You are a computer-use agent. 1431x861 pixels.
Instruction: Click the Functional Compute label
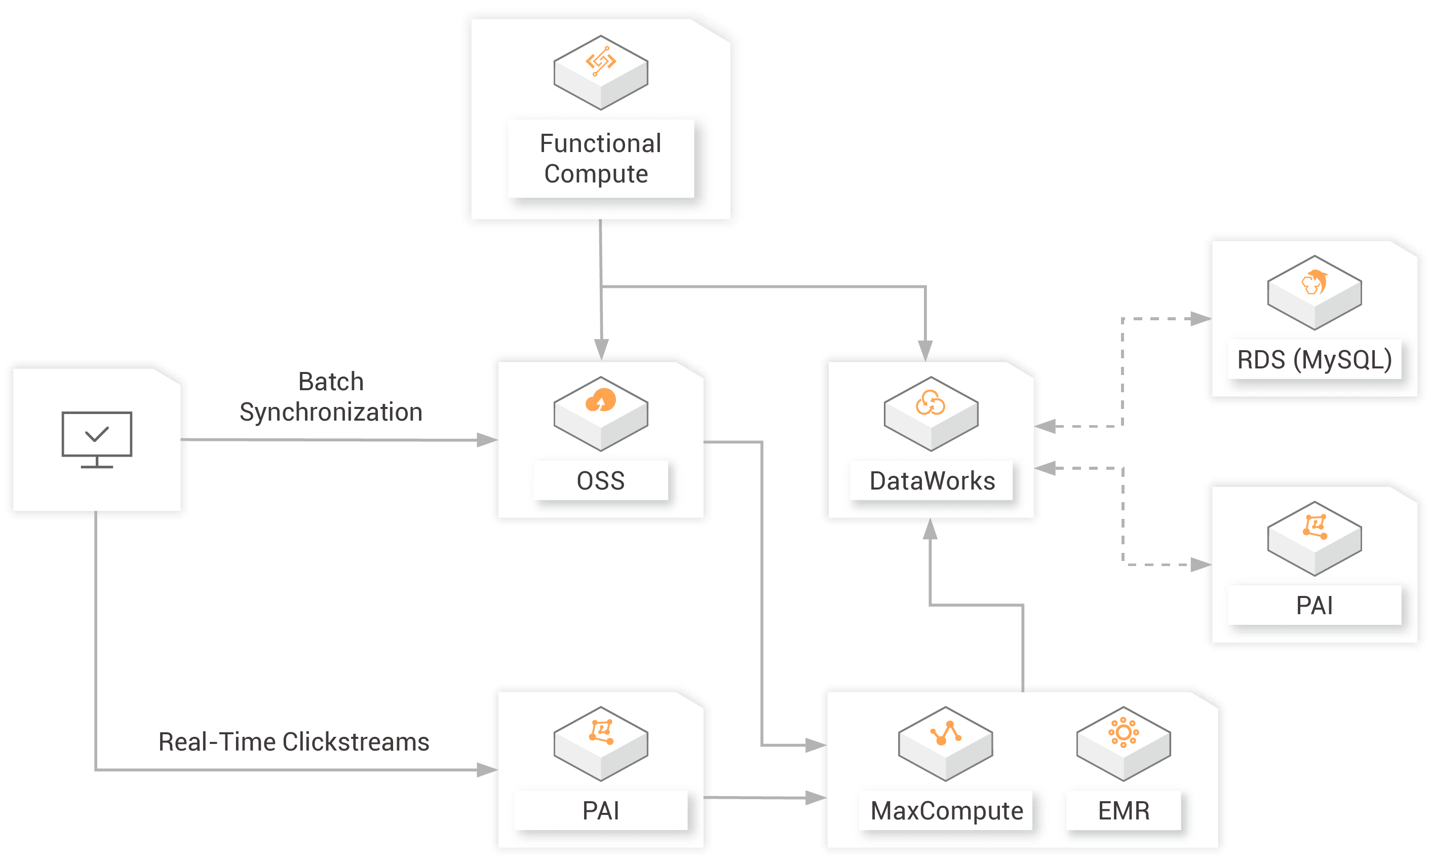(600, 159)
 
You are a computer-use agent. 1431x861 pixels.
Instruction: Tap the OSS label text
(601, 481)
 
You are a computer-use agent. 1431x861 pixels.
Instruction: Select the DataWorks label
(932, 481)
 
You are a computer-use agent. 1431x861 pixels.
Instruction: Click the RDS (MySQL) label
(1314, 360)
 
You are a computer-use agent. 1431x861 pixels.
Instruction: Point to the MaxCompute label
(946, 810)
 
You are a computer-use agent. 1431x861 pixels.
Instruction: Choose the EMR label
(1123, 810)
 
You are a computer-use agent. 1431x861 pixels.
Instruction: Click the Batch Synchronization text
(330, 397)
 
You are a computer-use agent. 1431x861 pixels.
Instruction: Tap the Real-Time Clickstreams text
(294, 742)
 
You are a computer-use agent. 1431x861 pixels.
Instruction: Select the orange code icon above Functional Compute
(600, 61)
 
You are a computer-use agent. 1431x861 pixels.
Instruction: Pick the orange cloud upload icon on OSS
(600, 400)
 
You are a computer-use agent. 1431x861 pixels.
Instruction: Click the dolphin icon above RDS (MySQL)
(1314, 283)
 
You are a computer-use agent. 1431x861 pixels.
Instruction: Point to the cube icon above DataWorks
(931, 413)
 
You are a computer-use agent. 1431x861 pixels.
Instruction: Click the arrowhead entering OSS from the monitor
(487, 440)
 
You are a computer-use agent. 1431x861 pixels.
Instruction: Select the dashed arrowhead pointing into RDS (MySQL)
(1200, 319)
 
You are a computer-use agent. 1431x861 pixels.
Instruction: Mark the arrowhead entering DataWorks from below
(930, 530)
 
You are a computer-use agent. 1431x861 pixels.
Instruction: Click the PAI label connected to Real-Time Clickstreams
(601, 810)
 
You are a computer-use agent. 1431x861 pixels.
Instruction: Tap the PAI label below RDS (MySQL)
(1314, 606)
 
